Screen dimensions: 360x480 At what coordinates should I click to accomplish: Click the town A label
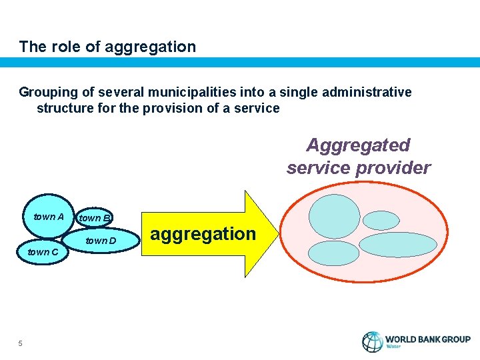coord(48,217)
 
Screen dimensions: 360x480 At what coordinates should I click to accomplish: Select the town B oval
coord(94,218)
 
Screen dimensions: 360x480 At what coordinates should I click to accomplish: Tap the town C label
coord(43,252)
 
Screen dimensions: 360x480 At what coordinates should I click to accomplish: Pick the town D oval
coord(100,240)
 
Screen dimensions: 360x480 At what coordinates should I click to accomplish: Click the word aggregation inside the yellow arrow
coord(203,234)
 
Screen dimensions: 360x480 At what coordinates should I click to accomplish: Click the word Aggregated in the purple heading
coord(358,145)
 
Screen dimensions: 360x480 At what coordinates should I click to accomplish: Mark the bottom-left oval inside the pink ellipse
coord(333,254)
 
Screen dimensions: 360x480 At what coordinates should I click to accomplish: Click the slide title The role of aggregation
coord(107,47)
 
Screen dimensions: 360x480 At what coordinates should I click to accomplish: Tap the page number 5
coord(21,343)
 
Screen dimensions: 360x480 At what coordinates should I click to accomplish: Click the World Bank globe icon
coord(372,342)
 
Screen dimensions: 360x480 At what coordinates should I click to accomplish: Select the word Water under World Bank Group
coord(395,347)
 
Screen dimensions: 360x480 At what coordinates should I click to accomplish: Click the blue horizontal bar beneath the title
coord(240,62)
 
